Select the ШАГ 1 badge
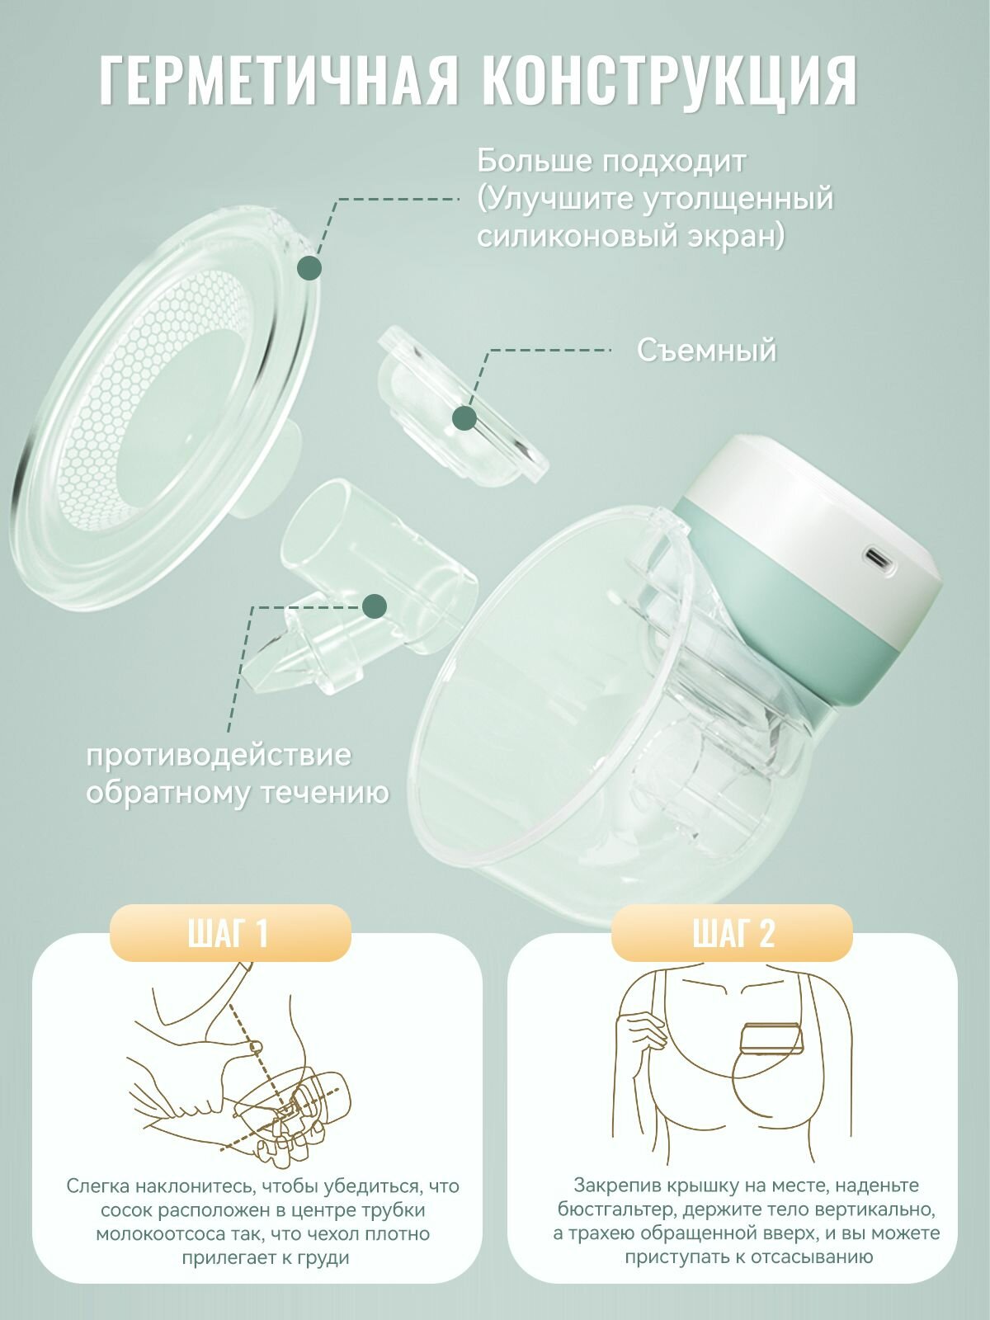click(x=229, y=933)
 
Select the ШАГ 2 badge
click(x=733, y=933)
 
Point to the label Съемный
click(x=706, y=350)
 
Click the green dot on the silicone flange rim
click(x=309, y=267)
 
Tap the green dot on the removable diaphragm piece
click(x=464, y=417)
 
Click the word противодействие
click(x=219, y=755)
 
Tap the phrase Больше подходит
click(x=612, y=161)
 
